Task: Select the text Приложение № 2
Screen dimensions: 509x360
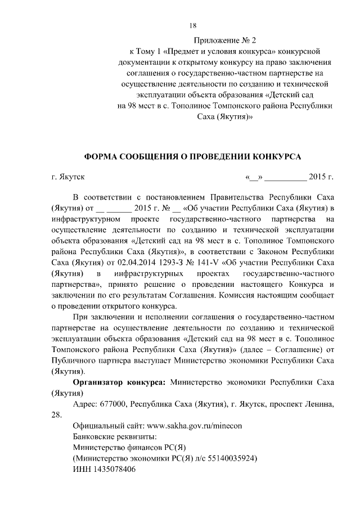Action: coord(224,40)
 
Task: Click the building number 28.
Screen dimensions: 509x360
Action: coord(56,415)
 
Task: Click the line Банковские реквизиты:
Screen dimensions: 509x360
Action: coord(115,436)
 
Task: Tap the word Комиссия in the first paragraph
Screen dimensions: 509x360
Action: coord(229,295)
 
